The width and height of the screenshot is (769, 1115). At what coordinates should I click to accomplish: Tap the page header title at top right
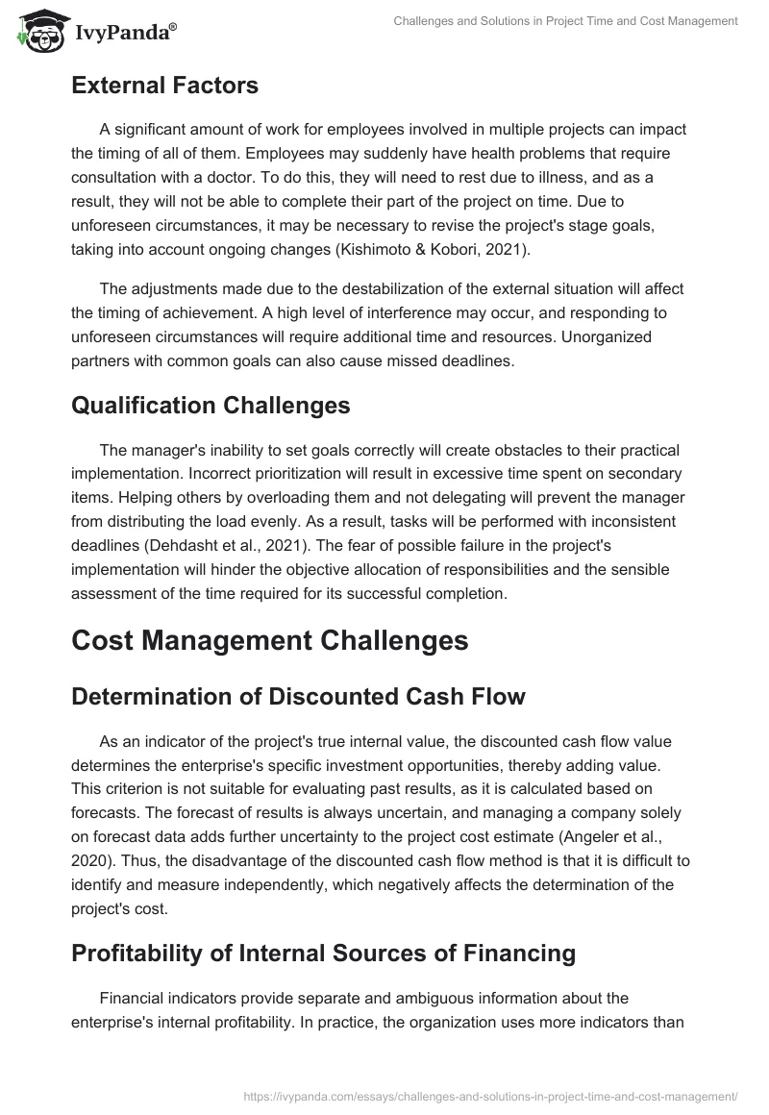point(566,21)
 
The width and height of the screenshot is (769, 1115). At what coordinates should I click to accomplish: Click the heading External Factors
point(164,86)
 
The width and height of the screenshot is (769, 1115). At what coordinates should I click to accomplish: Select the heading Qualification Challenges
point(211,405)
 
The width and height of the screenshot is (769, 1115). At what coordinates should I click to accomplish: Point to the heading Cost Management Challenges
point(269,641)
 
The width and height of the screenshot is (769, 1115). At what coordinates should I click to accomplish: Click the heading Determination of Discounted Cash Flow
point(298,697)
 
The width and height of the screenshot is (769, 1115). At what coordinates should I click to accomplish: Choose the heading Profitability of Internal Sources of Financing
point(323,953)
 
